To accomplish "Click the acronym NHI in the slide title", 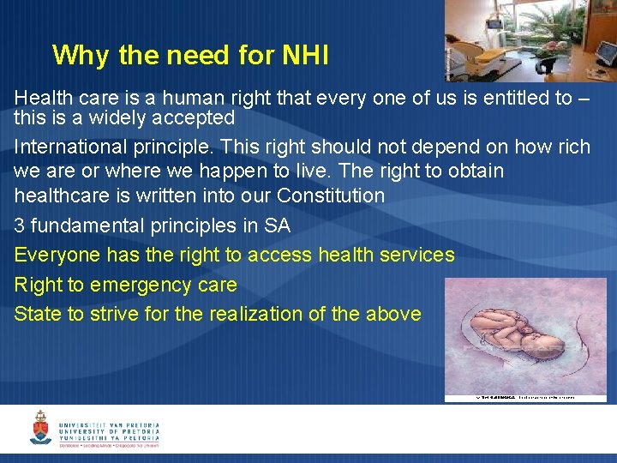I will click(x=304, y=56).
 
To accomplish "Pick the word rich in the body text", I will click(x=573, y=147).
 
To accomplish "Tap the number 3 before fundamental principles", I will click(x=20, y=225).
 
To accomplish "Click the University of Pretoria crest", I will click(x=40, y=427).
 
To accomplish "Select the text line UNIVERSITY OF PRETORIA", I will click(x=109, y=432).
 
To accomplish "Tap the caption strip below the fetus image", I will click(x=524, y=398).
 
